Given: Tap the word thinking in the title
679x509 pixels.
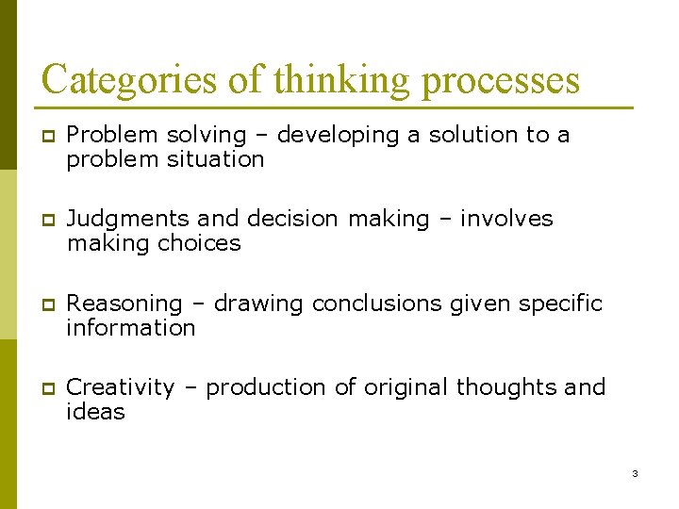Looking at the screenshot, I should tap(341, 79).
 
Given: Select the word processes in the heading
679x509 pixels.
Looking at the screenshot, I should tap(501, 81).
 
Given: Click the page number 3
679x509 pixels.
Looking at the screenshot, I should tap(635, 473).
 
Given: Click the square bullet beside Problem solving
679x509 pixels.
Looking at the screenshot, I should tap(46, 136).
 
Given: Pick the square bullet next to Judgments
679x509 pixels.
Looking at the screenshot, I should tap(46, 220).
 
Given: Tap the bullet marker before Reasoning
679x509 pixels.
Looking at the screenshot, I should tap(46, 304).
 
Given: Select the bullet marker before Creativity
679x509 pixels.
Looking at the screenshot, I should tap(46, 388).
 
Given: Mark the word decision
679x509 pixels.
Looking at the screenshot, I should tap(292, 219).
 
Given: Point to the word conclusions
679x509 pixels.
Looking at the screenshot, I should tap(377, 304).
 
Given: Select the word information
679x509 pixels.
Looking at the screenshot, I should tap(131, 328).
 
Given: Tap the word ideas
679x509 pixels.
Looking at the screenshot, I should tap(95, 412).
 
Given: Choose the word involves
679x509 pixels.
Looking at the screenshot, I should tap(506, 219).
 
